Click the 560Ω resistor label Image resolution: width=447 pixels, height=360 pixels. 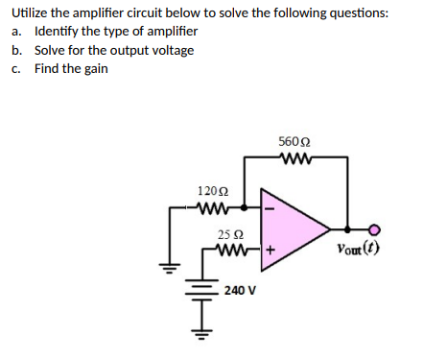[x=292, y=142]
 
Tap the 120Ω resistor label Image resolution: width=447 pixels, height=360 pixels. [x=211, y=191]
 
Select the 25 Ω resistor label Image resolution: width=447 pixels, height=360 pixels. [x=228, y=235]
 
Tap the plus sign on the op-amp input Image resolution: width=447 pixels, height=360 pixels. [x=271, y=253]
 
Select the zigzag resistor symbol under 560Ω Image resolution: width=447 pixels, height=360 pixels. [x=291, y=158]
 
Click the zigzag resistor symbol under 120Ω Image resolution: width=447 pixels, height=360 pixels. [x=211, y=205]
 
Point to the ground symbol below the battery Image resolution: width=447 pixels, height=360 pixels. [x=203, y=335]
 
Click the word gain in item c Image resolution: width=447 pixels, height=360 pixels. [x=95, y=68]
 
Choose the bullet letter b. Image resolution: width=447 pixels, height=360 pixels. [x=17, y=50]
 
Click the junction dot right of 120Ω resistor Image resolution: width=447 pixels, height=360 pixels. [x=247, y=205]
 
